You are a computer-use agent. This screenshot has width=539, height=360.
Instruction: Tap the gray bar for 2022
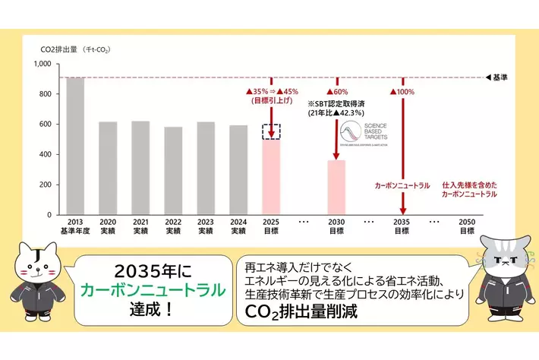pos(173,171)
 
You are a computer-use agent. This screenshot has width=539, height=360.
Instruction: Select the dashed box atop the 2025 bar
pos(271,131)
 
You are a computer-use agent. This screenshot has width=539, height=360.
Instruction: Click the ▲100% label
pos(404,92)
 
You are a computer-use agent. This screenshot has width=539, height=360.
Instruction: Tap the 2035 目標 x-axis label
pos(402,226)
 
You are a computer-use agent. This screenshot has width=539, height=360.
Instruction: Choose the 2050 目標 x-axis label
pos(468,226)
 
